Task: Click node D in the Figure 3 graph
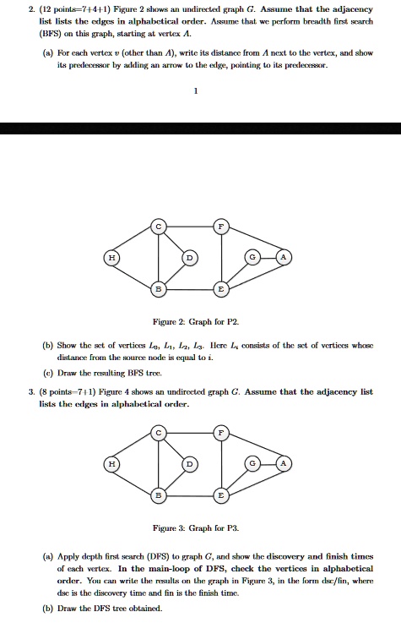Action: click(x=191, y=465)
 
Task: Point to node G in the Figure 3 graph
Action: click(x=251, y=464)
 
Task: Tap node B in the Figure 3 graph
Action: click(x=157, y=495)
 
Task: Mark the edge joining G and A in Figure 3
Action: click(x=268, y=464)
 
